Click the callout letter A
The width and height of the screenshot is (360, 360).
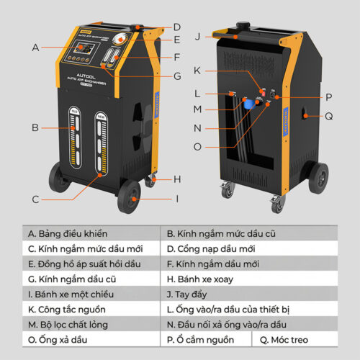pyautogui.click(x=35, y=48)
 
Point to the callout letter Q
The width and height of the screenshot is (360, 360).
pyautogui.click(x=328, y=114)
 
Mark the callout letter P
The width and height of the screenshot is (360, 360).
pyautogui.click(x=328, y=96)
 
